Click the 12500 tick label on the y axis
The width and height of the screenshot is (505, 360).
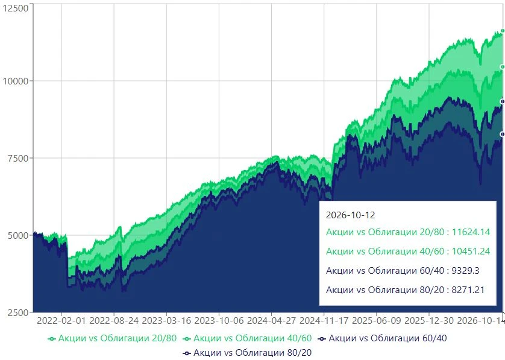click(x=16, y=8)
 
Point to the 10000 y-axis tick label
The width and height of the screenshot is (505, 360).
click(x=16, y=81)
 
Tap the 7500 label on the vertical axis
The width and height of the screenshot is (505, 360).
click(x=18, y=158)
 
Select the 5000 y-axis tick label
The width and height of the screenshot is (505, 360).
click(x=18, y=235)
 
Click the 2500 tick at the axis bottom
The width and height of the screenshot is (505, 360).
click(x=18, y=312)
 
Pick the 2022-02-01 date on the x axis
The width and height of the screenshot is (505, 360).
click(x=61, y=321)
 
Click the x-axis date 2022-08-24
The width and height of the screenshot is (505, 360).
click(x=114, y=321)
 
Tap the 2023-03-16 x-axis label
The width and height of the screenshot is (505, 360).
click(x=166, y=321)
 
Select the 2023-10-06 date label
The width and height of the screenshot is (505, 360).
click(x=219, y=321)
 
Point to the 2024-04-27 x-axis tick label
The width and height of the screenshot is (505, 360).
click(x=272, y=321)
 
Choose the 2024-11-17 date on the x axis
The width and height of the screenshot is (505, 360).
click(x=324, y=321)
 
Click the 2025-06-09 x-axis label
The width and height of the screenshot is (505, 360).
click(x=377, y=321)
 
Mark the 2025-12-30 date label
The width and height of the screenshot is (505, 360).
click(x=429, y=321)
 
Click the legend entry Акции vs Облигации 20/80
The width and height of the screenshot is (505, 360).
click(x=112, y=338)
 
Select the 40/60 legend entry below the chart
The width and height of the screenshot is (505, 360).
click(x=247, y=338)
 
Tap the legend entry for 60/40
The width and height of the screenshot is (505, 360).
click(x=382, y=338)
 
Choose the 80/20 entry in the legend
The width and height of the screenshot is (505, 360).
click(x=247, y=353)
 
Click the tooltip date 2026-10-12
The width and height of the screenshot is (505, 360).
click(x=350, y=215)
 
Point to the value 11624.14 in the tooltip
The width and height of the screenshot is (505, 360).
click(x=471, y=232)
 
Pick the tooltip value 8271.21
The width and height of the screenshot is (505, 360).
click(x=468, y=290)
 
